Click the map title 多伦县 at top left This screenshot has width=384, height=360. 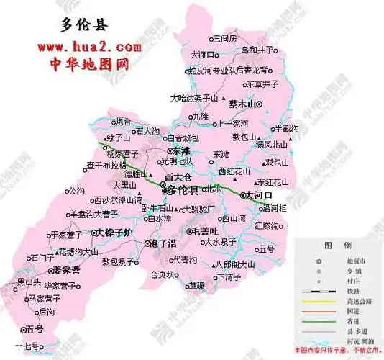pos(81,26)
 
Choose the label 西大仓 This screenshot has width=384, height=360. pos(178,176)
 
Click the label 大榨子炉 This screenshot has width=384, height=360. pos(114,233)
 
